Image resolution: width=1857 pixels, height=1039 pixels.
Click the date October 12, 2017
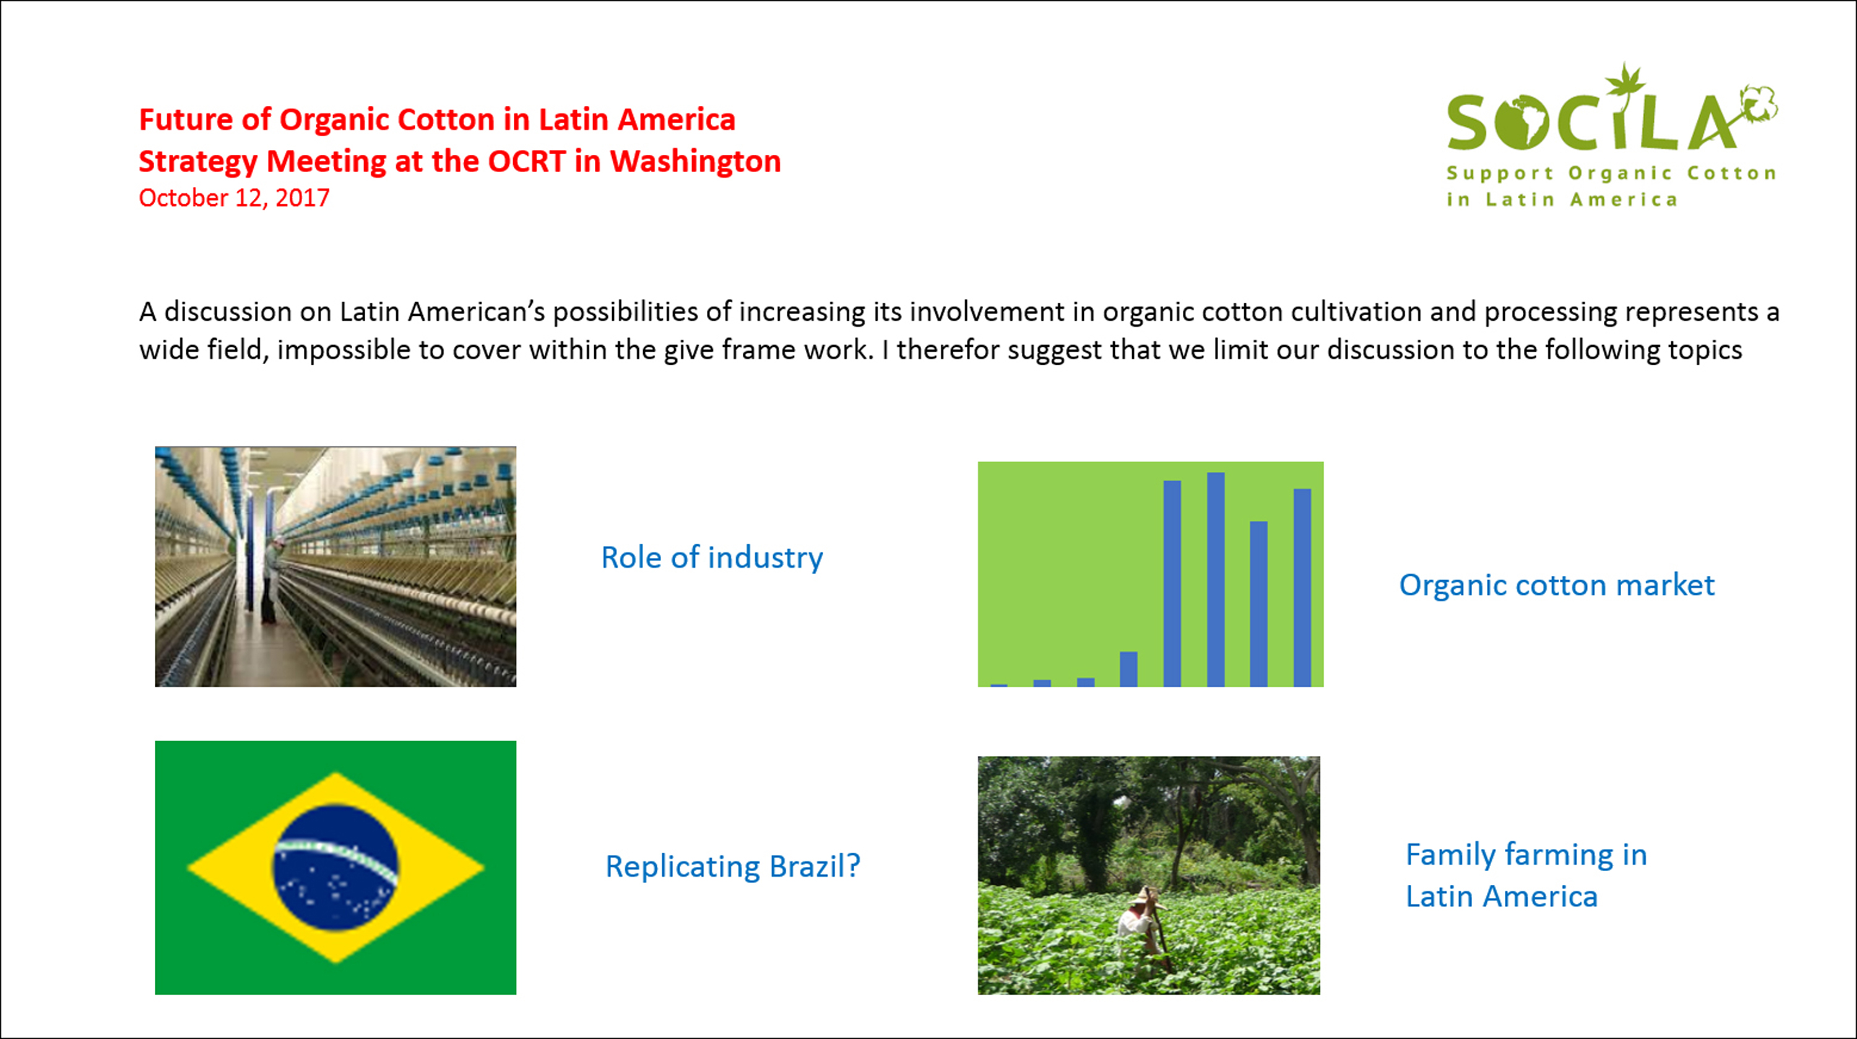tap(234, 198)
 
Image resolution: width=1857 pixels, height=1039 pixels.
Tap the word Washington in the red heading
tap(696, 162)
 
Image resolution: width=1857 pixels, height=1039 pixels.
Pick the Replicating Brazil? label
tap(733, 866)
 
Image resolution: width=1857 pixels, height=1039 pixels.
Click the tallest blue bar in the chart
tap(1216, 580)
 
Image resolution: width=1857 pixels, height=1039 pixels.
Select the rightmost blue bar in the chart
tap(1302, 588)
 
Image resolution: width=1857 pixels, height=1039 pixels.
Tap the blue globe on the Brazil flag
tap(335, 867)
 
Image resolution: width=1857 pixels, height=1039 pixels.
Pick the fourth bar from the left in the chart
tap(1129, 669)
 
